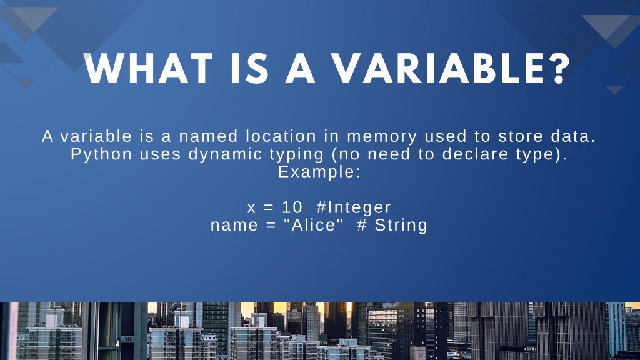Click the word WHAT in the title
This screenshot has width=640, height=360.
click(149, 69)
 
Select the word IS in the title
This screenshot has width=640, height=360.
click(249, 69)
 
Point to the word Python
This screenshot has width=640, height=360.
click(102, 155)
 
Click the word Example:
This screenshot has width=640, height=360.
click(319, 172)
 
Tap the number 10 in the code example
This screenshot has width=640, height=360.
click(292, 207)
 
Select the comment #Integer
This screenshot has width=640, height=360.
click(354, 208)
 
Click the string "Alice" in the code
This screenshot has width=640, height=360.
click(314, 225)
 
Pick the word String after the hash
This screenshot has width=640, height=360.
click(401, 226)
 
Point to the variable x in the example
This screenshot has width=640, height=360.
click(251, 209)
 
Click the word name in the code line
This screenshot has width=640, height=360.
click(234, 226)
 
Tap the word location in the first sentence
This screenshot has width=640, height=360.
click(281, 136)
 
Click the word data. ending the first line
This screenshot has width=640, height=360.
click(573, 136)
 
